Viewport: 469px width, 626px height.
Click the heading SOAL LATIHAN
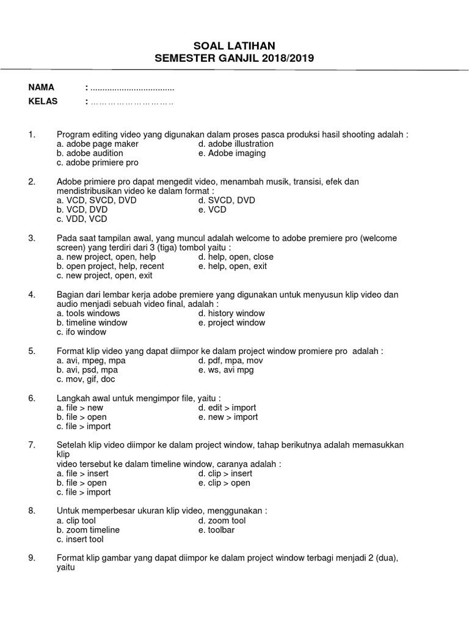click(x=234, y=46)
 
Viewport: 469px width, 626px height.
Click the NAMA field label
click(x=42, y=87)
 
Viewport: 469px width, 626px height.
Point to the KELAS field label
click(x=43, y=101)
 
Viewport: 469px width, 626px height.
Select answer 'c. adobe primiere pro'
click(x=97, y=163)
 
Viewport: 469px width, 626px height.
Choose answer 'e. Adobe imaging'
click(x=231, y=153)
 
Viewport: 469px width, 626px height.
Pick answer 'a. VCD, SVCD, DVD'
click(x=96, y=201)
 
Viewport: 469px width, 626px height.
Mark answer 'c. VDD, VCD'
click(x=82, y=219)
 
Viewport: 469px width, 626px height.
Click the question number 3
click(x=32, y=238)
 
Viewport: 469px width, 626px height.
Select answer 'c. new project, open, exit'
click(x=104, y=276)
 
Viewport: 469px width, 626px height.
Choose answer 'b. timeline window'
click(x=92, y=323)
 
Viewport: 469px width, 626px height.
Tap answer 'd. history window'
click(x=231, y=314)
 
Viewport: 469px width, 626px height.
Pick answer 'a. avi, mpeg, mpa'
click(x=91, y=361)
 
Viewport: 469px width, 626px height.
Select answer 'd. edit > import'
click(x=227, y=408)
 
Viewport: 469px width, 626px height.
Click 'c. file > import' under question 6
click(x=84, y=426)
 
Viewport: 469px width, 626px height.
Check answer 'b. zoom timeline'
click(x=88, y=530)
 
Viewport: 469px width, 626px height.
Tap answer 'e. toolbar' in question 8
click(x=216, y=530)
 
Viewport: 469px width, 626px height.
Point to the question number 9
click(x=32, y=558)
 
